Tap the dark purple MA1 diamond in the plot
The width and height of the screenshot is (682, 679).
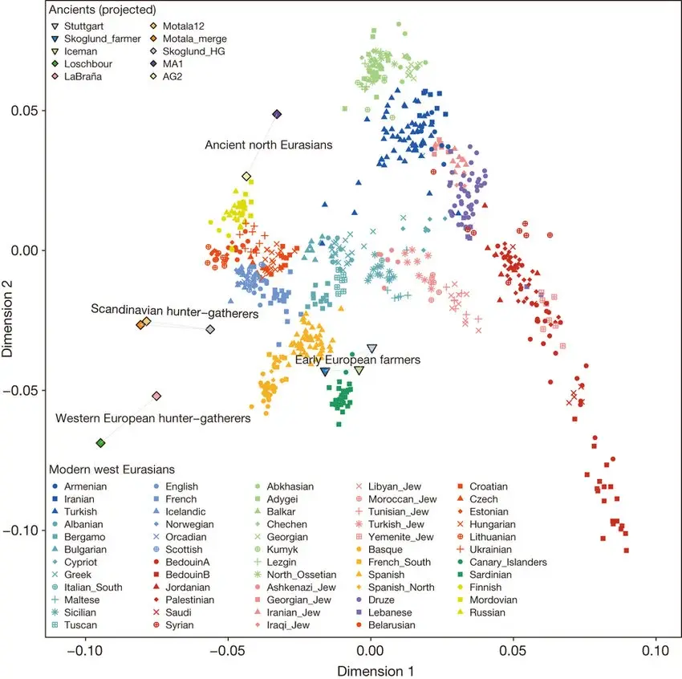point(277,115)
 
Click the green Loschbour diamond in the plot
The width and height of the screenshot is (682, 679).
point(100,443)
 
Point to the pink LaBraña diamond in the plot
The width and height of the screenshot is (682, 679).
point(156,396)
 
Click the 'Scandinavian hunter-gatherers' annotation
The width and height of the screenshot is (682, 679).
point(174,309)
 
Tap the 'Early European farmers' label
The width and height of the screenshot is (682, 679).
point(358,360)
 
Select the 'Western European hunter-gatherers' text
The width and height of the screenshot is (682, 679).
point(152,418)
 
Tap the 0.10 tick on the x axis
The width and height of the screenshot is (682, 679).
point(656,643)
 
